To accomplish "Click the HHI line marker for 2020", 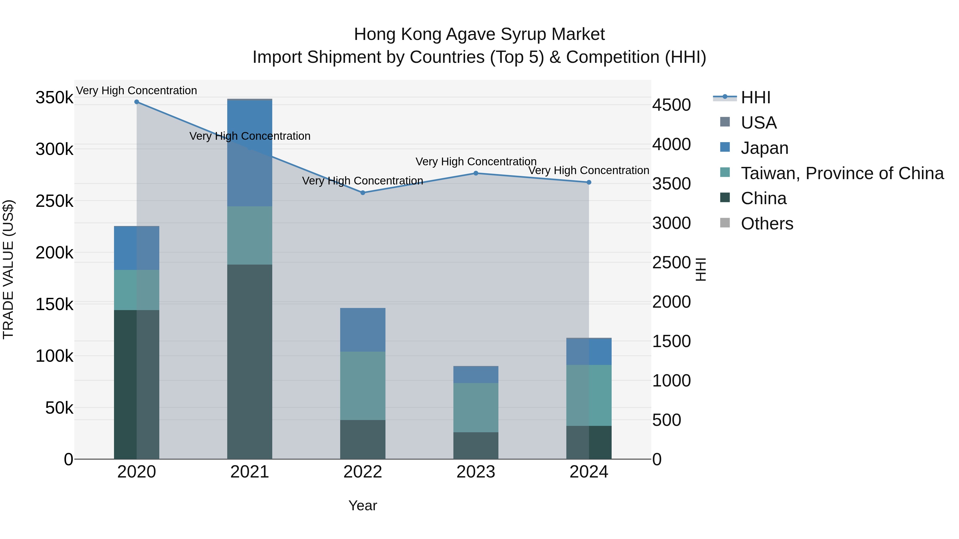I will (137, 102).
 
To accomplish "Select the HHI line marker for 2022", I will (363, 193).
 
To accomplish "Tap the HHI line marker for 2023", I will (476, 173).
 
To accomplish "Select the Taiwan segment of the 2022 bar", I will (363, 386).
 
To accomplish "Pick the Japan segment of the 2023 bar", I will (476, 375).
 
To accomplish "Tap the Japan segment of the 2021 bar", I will (249, 153).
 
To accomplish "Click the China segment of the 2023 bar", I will (476, 445).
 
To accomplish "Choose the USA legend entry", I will (758, 123).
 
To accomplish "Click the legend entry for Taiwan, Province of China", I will (842, 173).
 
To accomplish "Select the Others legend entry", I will (767, 224).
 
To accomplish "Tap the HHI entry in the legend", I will (755, 97).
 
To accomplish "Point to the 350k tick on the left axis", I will (54, 98).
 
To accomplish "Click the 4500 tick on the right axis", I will (671, 105).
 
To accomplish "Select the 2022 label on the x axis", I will (363, 472).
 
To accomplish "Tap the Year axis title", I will (363, 505).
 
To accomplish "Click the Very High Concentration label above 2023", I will (476, 162).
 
